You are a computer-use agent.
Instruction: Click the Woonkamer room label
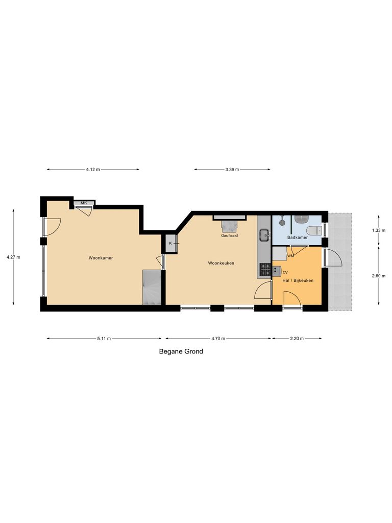point(101,258)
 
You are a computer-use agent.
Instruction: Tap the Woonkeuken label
point(221,263)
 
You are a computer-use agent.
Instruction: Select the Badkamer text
point(297,237)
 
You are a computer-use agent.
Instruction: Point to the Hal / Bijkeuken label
point(298,280)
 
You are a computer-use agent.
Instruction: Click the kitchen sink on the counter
point(264,235)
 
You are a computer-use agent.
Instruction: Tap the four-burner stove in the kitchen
point(265,269)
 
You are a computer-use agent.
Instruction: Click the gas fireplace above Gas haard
point(231,225)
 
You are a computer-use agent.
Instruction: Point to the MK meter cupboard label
point(84,203)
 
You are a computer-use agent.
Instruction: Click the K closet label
point(170,244)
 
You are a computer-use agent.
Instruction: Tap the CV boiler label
point(285,272)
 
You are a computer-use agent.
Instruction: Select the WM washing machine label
point(290,255)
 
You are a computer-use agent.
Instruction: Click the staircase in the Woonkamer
point(152,288)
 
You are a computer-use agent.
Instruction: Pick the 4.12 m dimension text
point(93,170)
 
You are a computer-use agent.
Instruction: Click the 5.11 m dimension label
point(104,338)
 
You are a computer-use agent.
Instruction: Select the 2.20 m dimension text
point(297,338)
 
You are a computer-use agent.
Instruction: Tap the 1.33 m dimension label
point(379,230)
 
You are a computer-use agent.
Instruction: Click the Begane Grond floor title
point(181,351)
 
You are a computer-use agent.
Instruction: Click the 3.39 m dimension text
point(232,170)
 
